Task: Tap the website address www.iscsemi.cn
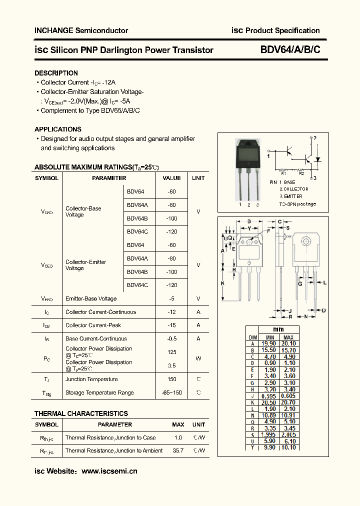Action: [109, 471]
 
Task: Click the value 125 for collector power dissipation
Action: [172, 352]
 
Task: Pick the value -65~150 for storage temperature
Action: [172, 392]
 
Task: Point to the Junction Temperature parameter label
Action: [91, 379]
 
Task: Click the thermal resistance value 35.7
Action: [178, 450]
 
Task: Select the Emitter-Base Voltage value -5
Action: [172, 298]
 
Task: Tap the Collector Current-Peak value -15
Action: [172, 325]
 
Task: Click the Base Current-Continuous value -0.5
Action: [172, 338]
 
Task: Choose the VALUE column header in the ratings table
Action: [172, 178]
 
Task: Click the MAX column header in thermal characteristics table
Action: [178, 424]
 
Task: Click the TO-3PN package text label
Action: [297, 204]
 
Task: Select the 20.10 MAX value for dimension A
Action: [288, 343]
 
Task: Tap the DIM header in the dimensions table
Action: [253, 337]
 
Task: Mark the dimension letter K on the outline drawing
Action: [223, 283]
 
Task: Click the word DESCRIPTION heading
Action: [56, 73]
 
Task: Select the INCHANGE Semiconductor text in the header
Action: [81, 30]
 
